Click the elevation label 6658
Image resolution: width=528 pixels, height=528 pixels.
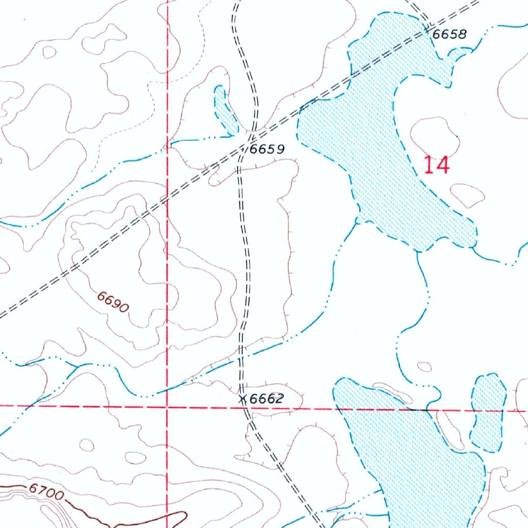pos(450,35)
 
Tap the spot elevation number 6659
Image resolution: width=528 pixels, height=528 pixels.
pos(267,150)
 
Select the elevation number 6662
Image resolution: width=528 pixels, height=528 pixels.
pos(267,399)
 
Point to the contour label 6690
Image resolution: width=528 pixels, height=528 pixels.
pos(113,302)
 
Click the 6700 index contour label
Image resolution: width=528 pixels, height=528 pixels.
pos(46,492)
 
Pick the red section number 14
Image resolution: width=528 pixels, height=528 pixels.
pos(437,166)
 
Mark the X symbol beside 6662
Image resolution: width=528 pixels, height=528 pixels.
pos(243,399)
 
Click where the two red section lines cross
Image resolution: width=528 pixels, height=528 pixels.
pos(168,407)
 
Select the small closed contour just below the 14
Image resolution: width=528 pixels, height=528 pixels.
pos(467,194)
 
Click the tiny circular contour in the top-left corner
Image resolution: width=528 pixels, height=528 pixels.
pos(49,52)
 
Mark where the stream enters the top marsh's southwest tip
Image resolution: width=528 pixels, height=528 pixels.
pos(357,222)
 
